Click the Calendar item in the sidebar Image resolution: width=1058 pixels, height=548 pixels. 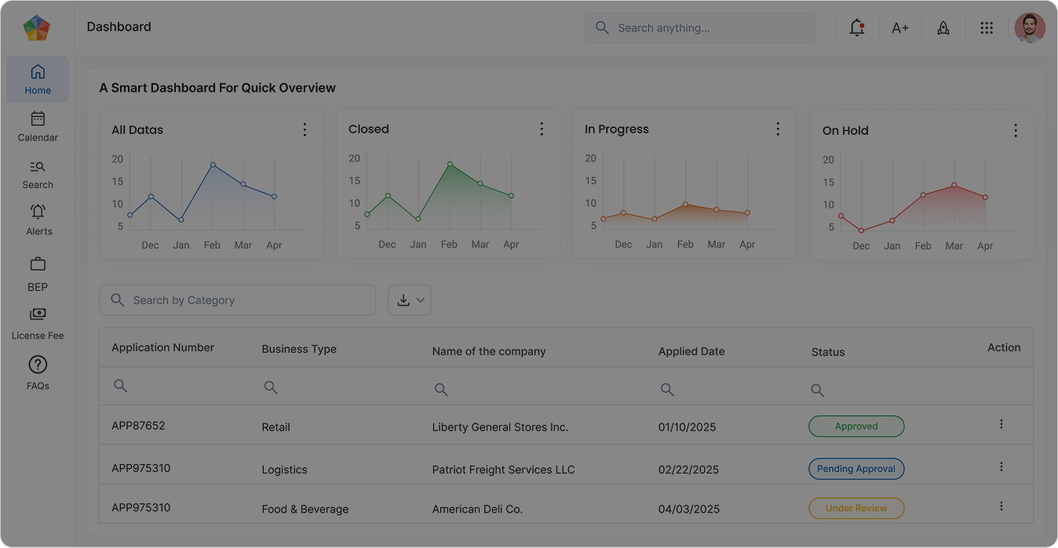point(38,126)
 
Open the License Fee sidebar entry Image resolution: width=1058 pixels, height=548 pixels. point(38,322)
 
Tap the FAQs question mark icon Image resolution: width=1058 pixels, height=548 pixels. point(38,365)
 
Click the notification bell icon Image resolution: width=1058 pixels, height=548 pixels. point(857,27)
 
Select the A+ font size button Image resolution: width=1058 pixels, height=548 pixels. point(900,27)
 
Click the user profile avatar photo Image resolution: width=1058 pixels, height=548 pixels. point(1030,27)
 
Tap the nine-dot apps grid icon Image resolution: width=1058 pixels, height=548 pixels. point(987,27)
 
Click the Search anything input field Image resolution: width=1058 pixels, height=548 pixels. point(699,27)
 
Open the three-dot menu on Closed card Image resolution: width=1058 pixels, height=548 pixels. point(542,129)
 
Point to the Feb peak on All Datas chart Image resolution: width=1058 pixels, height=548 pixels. point(213,165)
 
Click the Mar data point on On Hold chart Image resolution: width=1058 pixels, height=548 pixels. point(954,186)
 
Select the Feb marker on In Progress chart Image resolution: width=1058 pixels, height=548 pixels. point(685,205)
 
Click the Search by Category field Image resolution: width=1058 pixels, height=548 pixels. point(237,300)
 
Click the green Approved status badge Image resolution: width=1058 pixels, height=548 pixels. point(856,426)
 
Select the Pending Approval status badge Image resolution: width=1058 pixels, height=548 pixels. point(856,469)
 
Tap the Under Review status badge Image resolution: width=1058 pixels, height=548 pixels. point(856,508)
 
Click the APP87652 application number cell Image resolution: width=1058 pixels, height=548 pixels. point(138,426)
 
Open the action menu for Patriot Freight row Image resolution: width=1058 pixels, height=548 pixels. point(1001,466)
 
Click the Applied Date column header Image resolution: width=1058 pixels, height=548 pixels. point(691,351)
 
